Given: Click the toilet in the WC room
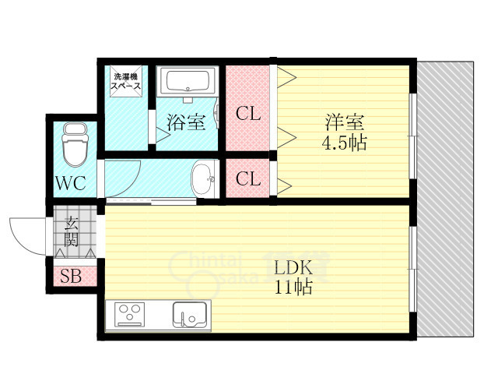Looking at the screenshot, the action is [x=75, y=144].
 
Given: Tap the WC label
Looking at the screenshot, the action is [x=71, y=183].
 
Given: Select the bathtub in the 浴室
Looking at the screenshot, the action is [x=188, y=80].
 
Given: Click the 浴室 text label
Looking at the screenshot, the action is [x=187, y=122].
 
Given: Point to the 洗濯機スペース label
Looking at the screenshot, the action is [x=126, y=81].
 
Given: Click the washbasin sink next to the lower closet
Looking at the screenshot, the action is [x=204, y=178].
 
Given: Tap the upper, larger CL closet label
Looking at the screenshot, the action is [x=248, y=113].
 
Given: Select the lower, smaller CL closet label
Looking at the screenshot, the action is [x=248, y=178].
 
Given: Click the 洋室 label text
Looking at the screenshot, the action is [x=344, y=122].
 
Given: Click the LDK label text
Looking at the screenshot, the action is [x=293, y=268].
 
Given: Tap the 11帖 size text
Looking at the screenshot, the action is [x=293, y=287].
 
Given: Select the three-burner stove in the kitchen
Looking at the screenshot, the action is [x=129, y=314].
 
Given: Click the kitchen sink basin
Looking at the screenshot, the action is [x=190, y=314].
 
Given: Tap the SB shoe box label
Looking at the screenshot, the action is [x=71, y=276].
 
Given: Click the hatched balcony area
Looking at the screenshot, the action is [x=445, y=199].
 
